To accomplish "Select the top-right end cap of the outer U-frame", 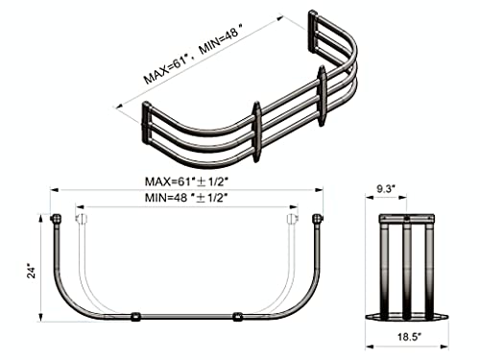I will [320, 218].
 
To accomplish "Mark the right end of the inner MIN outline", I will [290, 218].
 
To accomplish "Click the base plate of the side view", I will [408, 316].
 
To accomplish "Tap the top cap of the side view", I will [408, 218].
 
